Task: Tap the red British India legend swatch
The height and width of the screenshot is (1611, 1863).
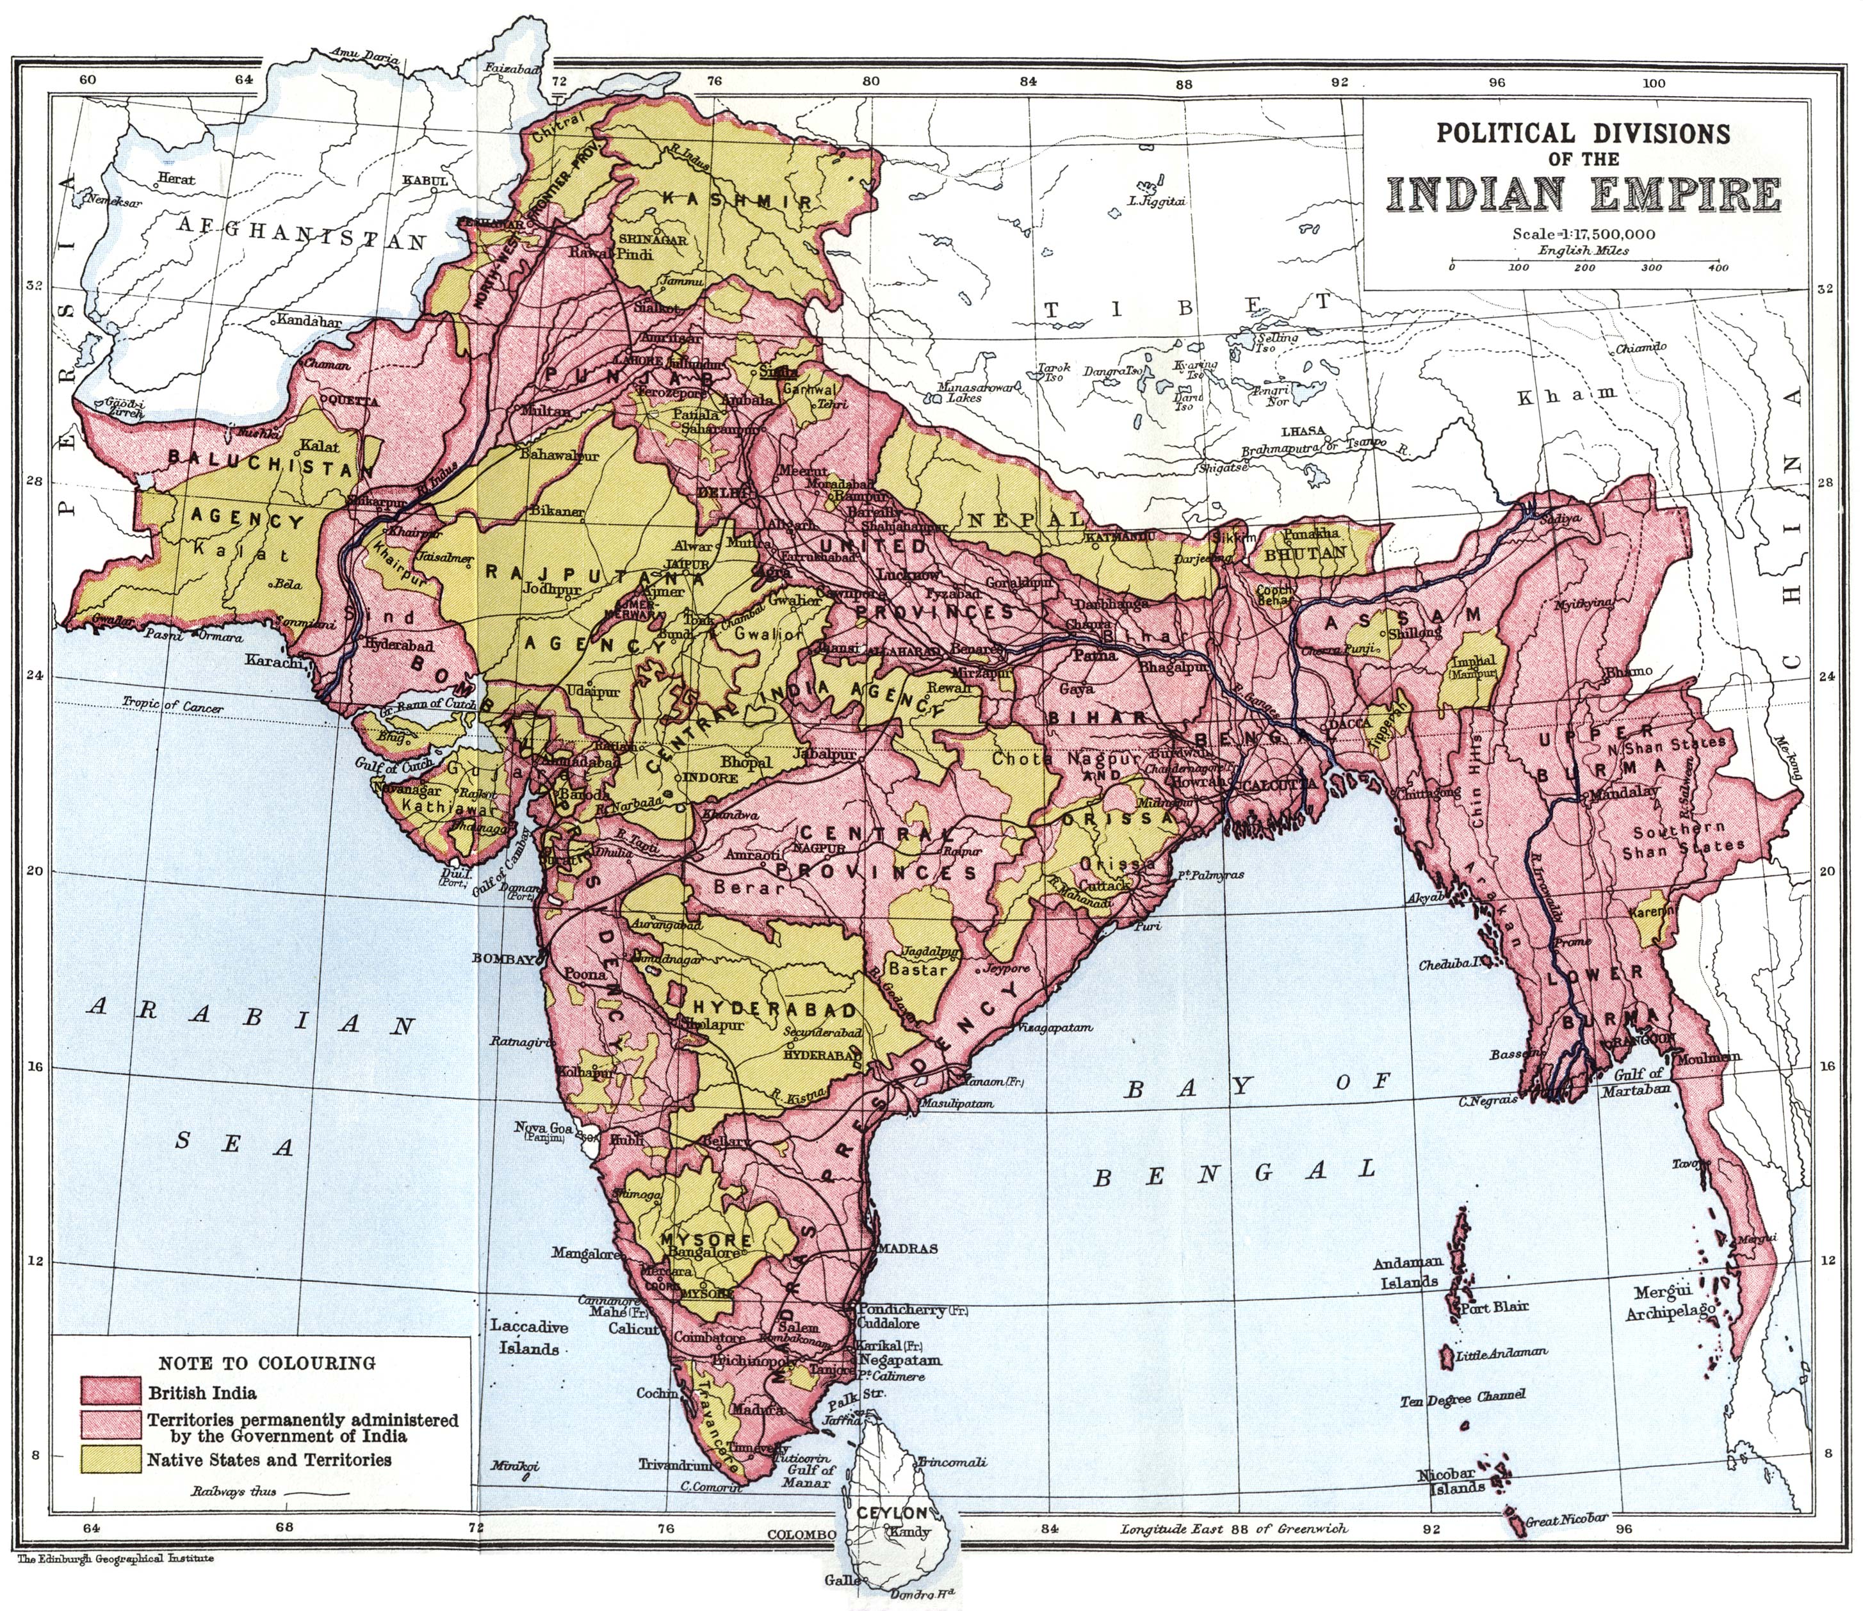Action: pyautogui.click(x=111, y=1391)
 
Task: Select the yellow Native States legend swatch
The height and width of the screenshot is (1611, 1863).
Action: pyautogui.click(x=111, y=1459)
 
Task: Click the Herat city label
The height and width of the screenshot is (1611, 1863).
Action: pyautogui.click(x=176, y=179)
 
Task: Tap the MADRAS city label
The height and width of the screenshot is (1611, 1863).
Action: pyautogui.click(x=908, y=1249)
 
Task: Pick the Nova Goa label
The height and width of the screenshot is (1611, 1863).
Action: pyautogui.click(x=542, y=1128)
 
